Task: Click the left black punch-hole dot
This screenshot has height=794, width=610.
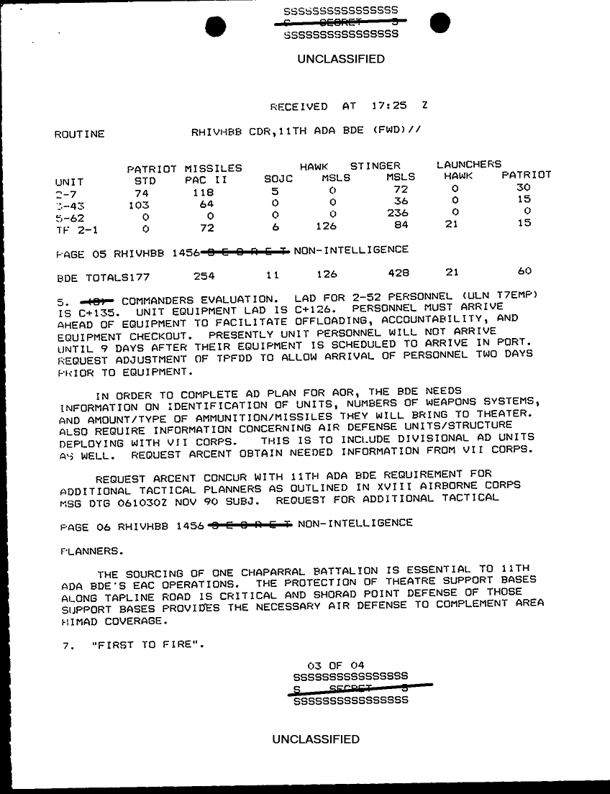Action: pos(216,26)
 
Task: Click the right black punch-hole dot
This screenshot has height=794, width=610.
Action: pos(440,24)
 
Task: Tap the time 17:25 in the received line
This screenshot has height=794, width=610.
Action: pos(389,106)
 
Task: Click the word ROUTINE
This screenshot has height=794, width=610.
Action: pos(80,134)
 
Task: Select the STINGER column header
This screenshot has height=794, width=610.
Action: pos(375,165)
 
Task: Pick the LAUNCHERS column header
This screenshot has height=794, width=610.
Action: pos(469,165)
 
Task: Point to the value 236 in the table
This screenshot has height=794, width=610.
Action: pos(397,213)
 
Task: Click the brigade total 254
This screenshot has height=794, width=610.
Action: pos(205,275)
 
